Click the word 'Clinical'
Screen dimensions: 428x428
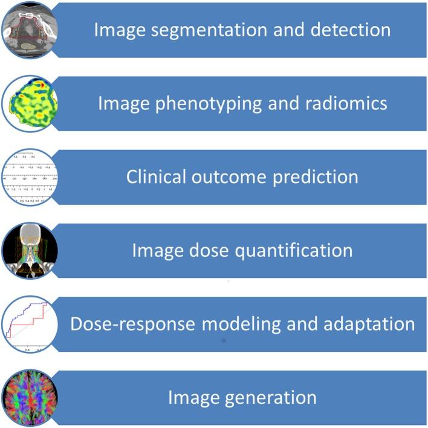159,177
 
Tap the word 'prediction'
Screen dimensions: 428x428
317,177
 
